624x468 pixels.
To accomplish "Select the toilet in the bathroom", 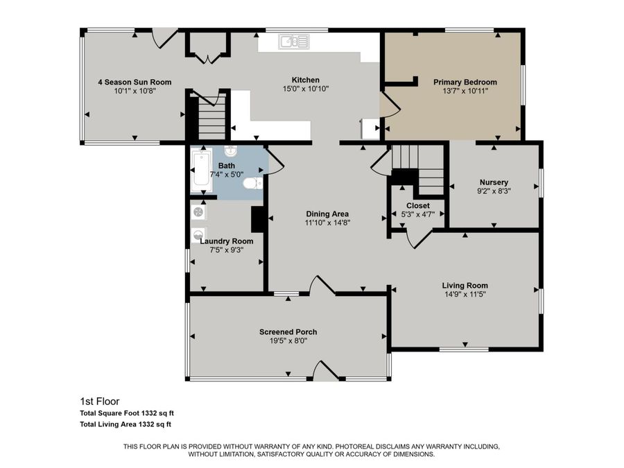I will [x=254, y=183].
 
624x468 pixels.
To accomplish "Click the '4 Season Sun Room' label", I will [x=134, y=82].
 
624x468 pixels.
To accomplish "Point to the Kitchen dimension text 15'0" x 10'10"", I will [x=305, y=89].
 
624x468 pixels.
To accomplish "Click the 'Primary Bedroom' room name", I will [x=465, y=82].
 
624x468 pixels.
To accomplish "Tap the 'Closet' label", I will [x=417, y=206].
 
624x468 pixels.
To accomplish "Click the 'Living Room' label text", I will [x=465, y=286].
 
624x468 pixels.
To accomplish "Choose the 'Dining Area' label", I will [x=327, y=214].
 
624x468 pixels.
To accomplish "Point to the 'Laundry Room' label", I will [x=227, y=241].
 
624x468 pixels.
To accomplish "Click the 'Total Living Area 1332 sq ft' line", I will [x=125, y=424].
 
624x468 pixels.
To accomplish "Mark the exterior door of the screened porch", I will [x=325, y=372].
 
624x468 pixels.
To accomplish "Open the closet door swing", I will [x=418, y=238].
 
